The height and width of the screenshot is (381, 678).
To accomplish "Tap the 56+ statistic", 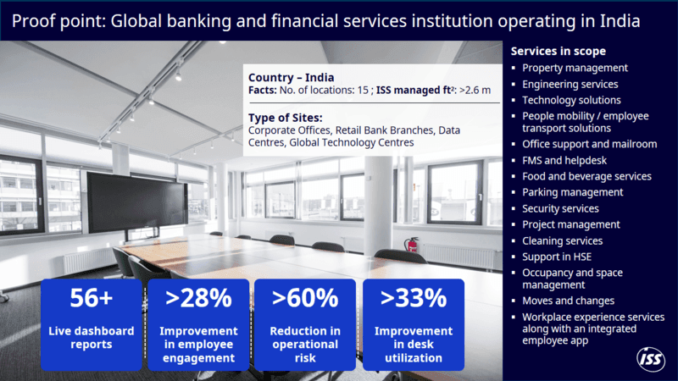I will (92, 298).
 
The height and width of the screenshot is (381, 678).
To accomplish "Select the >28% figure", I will (198, 298).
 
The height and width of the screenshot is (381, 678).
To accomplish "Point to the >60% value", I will (305, 298).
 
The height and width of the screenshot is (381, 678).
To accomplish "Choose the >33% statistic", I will (413, 298).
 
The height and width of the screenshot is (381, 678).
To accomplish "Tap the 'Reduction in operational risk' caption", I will (305, 344).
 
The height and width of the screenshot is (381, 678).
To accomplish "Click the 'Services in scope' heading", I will (558, 51).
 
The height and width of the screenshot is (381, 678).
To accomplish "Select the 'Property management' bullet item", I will (575, 68).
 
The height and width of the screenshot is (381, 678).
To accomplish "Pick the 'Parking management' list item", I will (572, 192).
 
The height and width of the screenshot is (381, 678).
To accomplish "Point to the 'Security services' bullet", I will (560, 208).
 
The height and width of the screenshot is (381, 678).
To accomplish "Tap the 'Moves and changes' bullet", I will (568, 301).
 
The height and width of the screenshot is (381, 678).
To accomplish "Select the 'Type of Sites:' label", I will (286, 117).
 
